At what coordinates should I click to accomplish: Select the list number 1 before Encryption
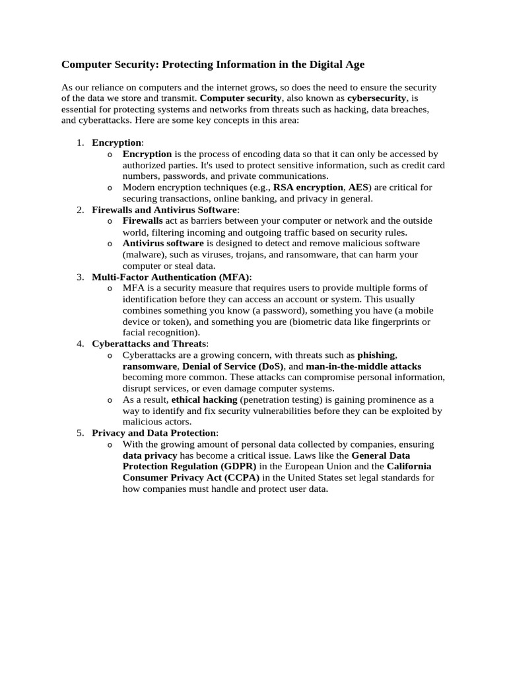tap(80, 143)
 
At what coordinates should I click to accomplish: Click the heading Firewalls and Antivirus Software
tap(164, 210)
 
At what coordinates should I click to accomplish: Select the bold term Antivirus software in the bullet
tap(163, 244)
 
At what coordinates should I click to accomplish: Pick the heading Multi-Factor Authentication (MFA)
tap(171, 277)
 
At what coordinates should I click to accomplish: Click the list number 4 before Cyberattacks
tap(80, 344)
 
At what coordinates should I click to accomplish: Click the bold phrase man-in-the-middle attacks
tap(364, 366)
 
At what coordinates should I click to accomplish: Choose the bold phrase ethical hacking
tap(204, 400)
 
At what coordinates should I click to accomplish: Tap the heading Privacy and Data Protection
tap(154, 433)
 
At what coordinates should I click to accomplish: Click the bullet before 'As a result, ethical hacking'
tap(110, 400)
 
